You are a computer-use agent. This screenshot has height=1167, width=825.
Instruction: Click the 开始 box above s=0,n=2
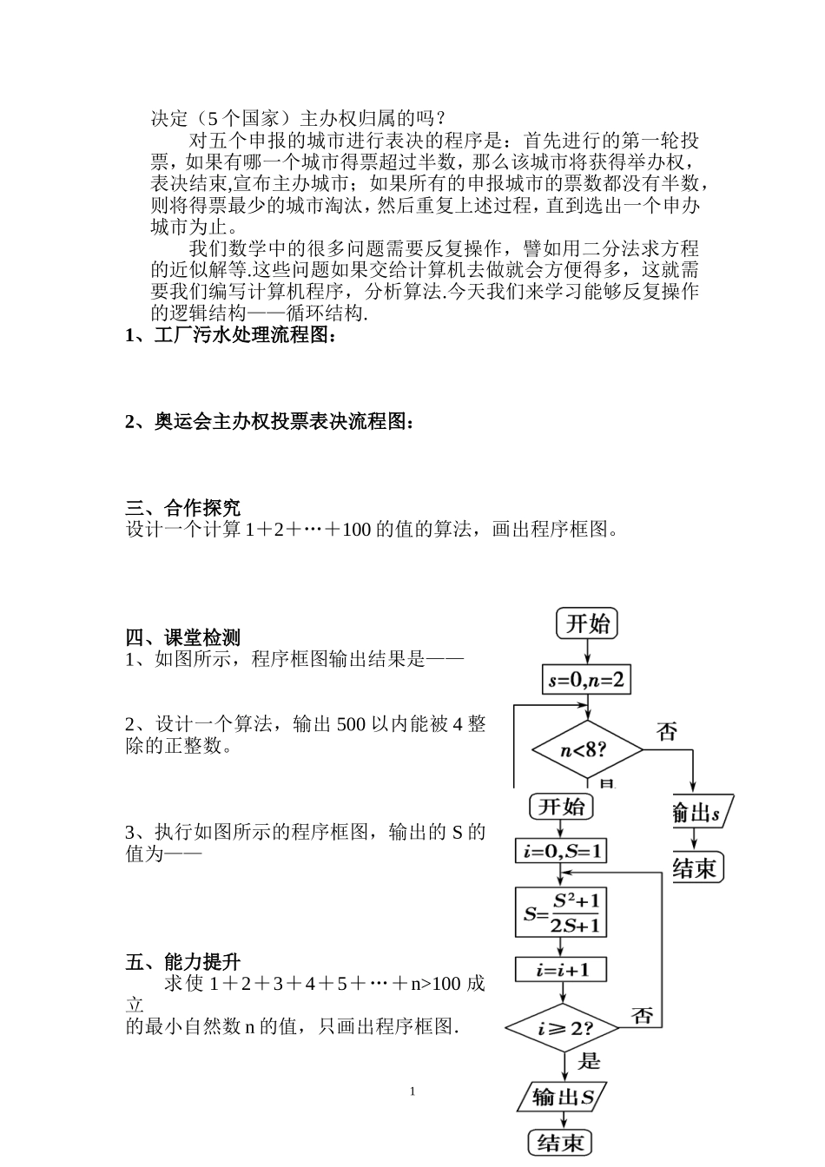click(x=588, y=623)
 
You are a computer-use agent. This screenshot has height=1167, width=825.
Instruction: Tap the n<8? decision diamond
click(x=586, y=748)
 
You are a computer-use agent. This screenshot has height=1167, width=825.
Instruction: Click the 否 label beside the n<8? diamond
click(x=666, y=731)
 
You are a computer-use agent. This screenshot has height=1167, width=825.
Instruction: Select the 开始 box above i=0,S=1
click(x=561, y=807)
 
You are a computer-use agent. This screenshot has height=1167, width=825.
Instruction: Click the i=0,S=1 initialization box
click(x=561, y=851)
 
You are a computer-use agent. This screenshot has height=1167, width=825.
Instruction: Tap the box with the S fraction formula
click(x=561, y=913)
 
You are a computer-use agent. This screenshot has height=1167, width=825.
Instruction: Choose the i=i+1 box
click(x=561, y=969)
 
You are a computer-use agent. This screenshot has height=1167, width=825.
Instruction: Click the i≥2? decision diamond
click(x=563, y=1029)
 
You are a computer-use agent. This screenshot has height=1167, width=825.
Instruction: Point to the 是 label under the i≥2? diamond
click(x=589, y=1061)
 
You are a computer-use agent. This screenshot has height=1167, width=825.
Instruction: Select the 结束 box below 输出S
click(x=560, y=1142)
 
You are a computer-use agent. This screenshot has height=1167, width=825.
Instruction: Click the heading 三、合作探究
click(x=183, y=508)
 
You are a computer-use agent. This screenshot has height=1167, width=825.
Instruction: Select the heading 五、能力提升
click(x=183, y=962)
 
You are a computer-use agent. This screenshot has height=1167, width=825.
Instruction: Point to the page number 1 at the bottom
click(x=412, y=1091)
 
